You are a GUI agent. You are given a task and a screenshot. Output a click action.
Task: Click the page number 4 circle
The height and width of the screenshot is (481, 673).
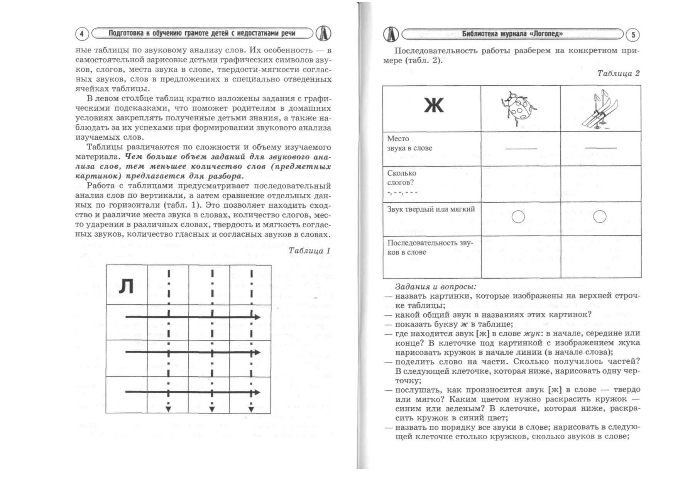[x=81, y=34]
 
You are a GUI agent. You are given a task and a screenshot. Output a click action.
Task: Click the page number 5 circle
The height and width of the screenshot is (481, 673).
[x=633, y=35]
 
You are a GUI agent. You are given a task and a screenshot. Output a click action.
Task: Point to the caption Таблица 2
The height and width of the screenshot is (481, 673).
[x=618, y=73]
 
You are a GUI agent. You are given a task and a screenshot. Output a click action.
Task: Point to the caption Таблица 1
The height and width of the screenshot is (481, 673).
[x=309, y=251]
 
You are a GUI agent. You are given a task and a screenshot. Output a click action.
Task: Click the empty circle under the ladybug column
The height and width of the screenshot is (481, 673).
[x=518, y=217]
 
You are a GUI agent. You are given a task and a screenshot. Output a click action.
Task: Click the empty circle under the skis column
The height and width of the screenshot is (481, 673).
[x=599, y=217]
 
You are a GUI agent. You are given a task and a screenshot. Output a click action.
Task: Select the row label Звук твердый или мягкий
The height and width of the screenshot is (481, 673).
[x=431, y=209]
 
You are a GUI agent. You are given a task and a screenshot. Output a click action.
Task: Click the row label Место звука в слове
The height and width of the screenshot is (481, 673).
[x=409, y=143]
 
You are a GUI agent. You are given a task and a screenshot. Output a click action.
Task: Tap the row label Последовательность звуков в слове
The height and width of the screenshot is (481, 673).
[x=429, y=247]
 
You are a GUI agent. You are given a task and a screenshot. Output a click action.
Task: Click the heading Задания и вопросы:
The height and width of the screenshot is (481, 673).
[x=436, y=287]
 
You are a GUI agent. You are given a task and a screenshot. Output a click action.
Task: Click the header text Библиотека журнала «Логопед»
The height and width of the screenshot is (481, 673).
[x=512, y=34]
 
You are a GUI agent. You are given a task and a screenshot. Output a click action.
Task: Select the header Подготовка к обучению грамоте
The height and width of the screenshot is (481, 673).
[x=201, y=33]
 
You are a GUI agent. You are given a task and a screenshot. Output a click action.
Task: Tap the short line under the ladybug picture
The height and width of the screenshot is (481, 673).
[x=521, y=148]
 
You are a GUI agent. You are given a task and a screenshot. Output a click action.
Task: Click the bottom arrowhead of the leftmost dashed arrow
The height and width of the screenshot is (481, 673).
[x=168, y=409]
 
